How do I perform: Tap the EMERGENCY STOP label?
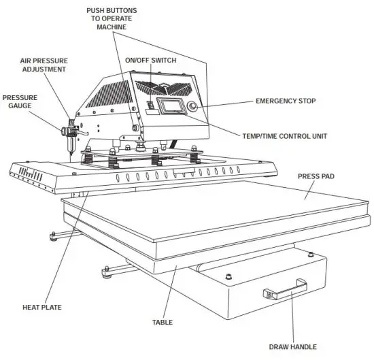coord(286,101)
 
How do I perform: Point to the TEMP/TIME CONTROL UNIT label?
coord(284,136)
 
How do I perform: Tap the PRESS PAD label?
coord(316,176)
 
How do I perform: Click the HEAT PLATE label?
coord(42,308)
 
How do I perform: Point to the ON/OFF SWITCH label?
coord(150,61)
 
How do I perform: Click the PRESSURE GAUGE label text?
coord(20,101)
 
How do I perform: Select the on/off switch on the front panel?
coord(151,105)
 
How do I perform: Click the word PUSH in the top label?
coord(99,10)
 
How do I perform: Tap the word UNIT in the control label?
coord(318,136)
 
